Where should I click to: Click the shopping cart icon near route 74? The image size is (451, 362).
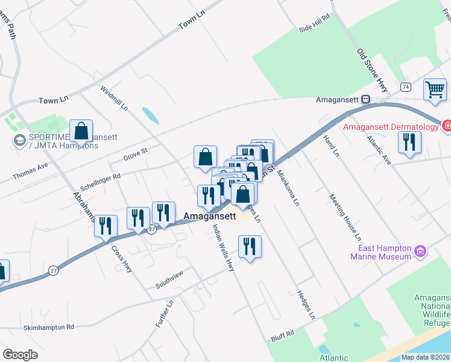pyautogui.click(x=434, y=90)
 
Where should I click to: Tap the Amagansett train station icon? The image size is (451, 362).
pyautogui.click(x=365, y=100)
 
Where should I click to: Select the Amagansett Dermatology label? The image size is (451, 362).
pyautogui.click(x=390, y=127)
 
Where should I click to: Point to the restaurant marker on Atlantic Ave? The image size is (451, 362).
pyautogui.click(x=409, y=142)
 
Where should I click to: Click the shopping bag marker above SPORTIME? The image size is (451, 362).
pyautogui.click(x=81, y=131)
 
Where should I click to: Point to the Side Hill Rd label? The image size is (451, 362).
pyautogui.click(x=315, y=24)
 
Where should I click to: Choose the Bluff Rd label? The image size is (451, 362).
pyautogui.click(x=282, y=333)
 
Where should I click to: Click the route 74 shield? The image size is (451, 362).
pyautogui.click(x=405, y=87)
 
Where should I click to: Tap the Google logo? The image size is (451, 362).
pyautogui.click(x=20, y=354)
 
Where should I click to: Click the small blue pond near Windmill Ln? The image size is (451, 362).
pyautogui.click(x=150, y=115)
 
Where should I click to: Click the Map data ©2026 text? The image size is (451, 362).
pyautogui.click(x=424, y=357)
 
